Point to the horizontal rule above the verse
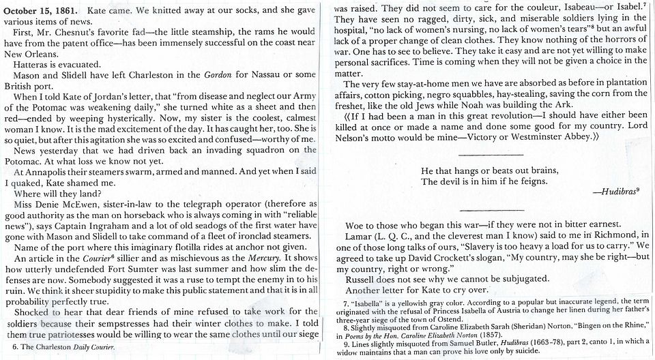[x=492, y=155]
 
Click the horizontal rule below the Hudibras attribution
[x=492, y=207]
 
